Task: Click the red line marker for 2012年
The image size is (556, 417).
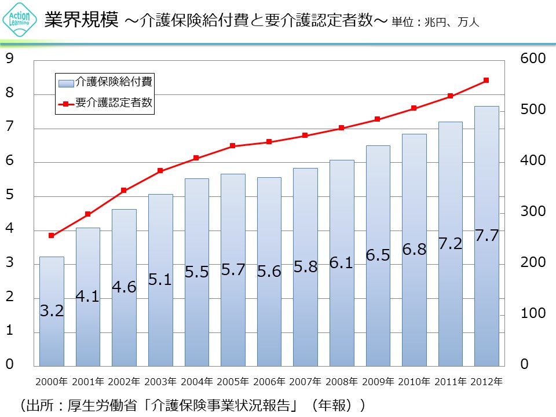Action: [x=486, y=80]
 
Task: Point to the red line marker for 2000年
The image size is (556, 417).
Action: [x=52, y=235]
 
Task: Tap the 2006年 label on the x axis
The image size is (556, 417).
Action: [x=269, y=382]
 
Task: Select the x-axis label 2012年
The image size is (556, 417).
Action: [x=486, y=382]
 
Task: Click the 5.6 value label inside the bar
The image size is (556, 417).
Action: [x=269, y=271]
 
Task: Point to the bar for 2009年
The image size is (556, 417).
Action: [x=378, y=301]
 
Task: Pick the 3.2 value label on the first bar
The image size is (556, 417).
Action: [x=52, y=311]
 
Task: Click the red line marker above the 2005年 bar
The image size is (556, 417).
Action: [x=232, y=146]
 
